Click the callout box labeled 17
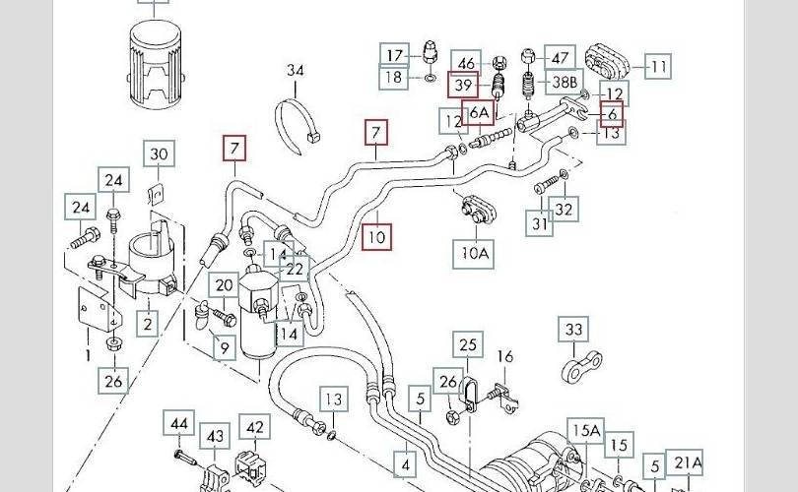pyautogui.click(x=395, y=54)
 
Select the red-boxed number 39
pyautogui.click(x=463, y=87)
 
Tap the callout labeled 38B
pyautogui.click(x=539, y=85)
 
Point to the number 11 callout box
pyautogui.click(x=658, y=68)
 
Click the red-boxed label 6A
pyautogui.click(x=478, y=114)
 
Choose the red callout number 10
pyautogui.click(x=376, y=236)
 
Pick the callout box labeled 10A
pyautogui.click(x=473, y=254)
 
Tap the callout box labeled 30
pyautogui.click(x=160, y=154)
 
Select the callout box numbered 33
pyautogui.click(x=573, y=330)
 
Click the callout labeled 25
pyautogui.click(x=468, y=344)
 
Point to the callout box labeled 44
pyautogui.click(x=179, y=424)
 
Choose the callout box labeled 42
pyautogui.click(x=255, y=427)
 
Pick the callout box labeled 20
pyautogui.click(x=225, y=285)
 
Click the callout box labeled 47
pyautogui.click(x=560, y=57)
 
